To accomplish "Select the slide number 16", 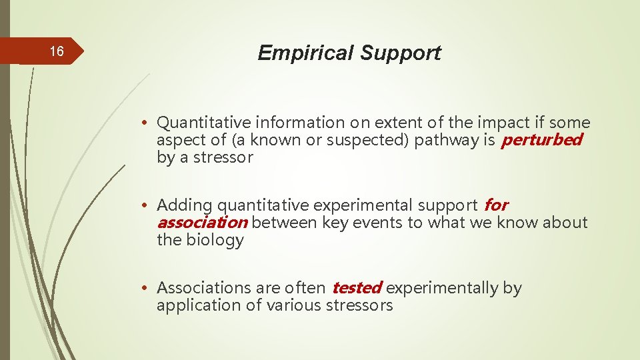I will click(57, 52).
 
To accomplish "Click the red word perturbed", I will click(541, 140).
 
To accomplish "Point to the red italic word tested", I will click(357, 288).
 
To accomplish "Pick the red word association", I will click(202, 222).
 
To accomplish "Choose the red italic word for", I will click(496, 205).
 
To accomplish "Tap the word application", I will click(193, 305).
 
